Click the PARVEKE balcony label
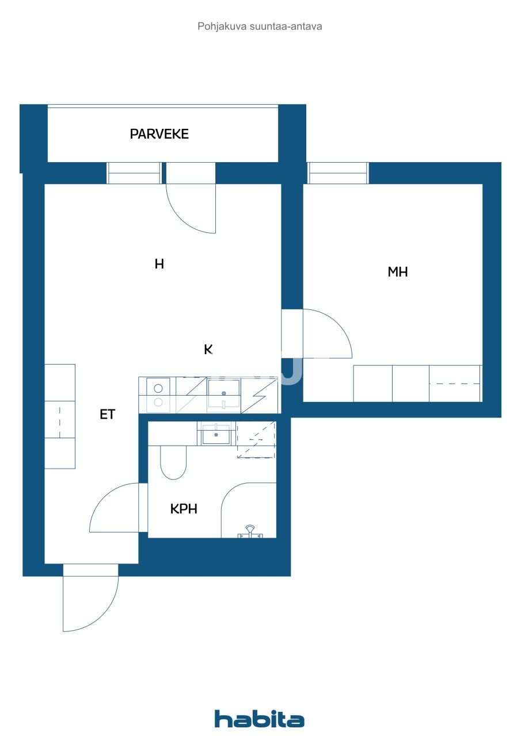pos(159,134)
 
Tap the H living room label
pos(159,264)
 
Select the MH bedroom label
pos(398,272)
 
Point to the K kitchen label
pos(208,349)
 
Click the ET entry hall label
pos(107,415)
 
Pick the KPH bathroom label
pos(184,509)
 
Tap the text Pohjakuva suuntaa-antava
pos(260,26)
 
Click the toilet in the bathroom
pos(173,462)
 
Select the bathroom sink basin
pos(216,434)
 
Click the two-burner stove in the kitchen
pos(158,395)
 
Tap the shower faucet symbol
pos(250,532)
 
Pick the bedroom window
pos(338,173)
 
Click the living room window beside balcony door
pos(134,173)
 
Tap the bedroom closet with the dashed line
pos(455,384)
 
